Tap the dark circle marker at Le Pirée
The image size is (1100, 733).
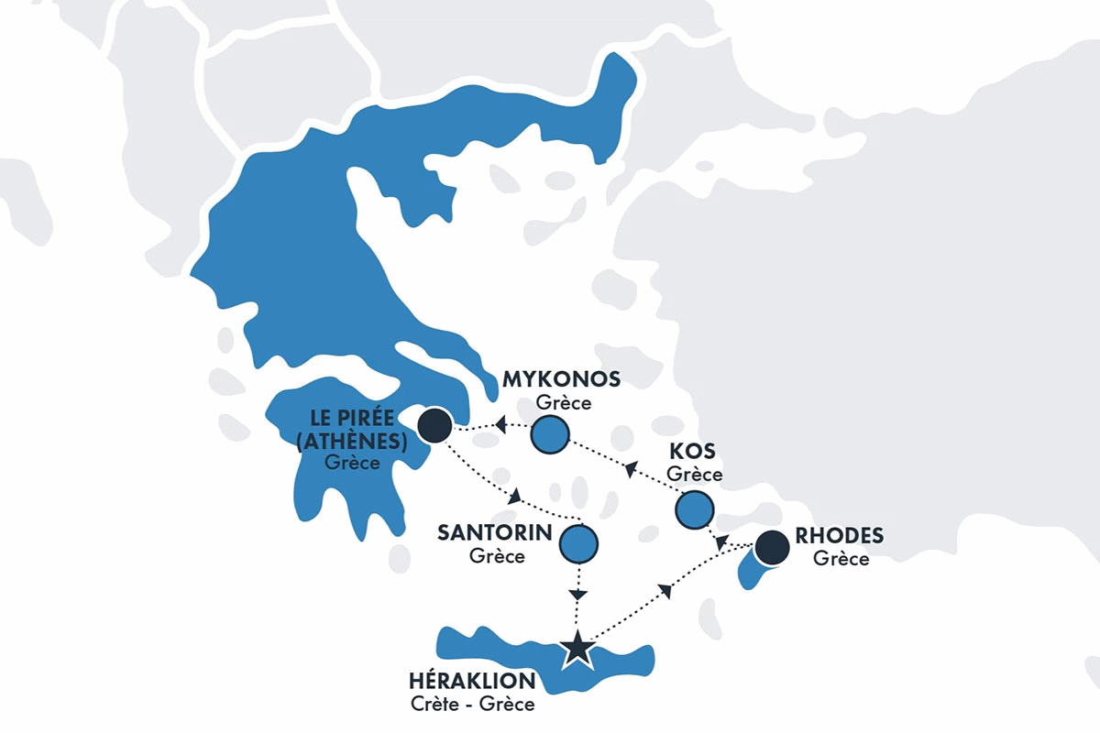point(434,424)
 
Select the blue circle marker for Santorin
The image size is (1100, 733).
point(578,543)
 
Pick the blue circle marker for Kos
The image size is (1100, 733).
point(694,509)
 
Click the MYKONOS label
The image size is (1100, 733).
point(562,379)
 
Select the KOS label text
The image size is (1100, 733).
point(693,453)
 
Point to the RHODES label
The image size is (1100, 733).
point(840,536)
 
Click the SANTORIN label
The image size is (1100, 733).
point(494,533)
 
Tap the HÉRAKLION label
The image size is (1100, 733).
point(473,681)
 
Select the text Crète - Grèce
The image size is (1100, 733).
point(473,705)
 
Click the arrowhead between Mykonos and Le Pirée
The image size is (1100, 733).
point(500,424)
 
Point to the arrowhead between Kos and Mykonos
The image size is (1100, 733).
point(630,471)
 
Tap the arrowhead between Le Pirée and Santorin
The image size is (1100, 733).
point(515,496)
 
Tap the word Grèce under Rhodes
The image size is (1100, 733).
point(841,558)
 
